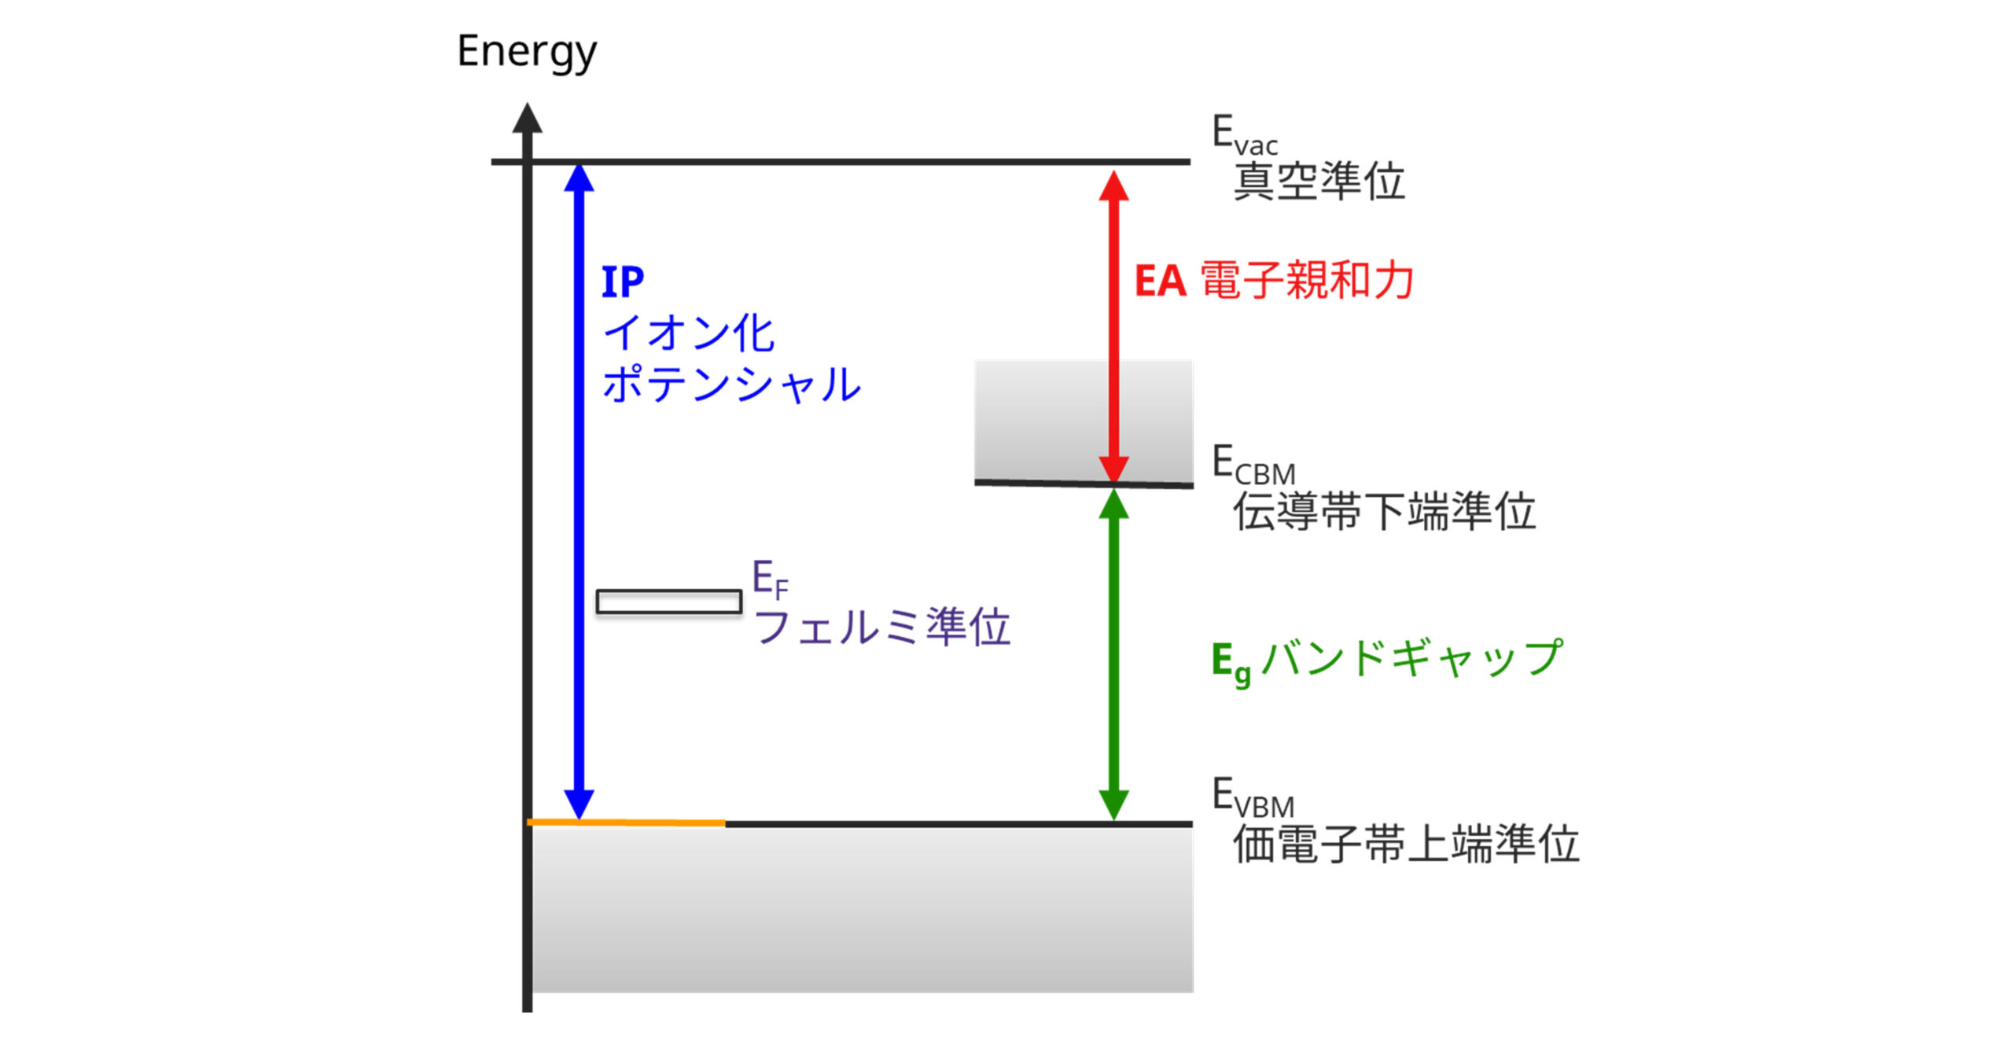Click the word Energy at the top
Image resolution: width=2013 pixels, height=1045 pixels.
tap(526, 52)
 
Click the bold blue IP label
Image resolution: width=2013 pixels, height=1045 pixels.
tap(622, 282)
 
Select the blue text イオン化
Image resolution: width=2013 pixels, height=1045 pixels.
tap(688, 333)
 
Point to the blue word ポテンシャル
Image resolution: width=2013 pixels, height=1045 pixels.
tap(731, 385)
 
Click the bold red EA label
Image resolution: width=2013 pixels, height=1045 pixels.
tap(1160, 281)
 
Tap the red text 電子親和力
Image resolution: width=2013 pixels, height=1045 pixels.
tap(1307, 281)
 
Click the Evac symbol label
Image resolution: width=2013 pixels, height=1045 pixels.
tap(1244, 135)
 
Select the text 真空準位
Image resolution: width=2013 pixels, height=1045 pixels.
tap(1319, 182)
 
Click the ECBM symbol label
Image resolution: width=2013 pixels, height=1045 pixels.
tap(1253, 465)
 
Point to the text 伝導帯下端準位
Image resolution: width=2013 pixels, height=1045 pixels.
tap(1384, 512)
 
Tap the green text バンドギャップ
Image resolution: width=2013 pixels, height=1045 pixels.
tap(1412, 658)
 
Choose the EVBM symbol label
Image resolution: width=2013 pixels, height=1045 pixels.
tap(1253, 797)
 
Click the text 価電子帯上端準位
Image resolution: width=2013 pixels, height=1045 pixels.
tap(1406, 844)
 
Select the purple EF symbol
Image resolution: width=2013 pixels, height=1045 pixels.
tap(770, 580)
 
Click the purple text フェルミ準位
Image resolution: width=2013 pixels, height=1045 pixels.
tap(881, 627)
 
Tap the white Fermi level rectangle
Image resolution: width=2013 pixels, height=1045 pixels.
tap(668, 602)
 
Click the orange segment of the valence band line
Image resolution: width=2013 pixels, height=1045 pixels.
tap(626, 822)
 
